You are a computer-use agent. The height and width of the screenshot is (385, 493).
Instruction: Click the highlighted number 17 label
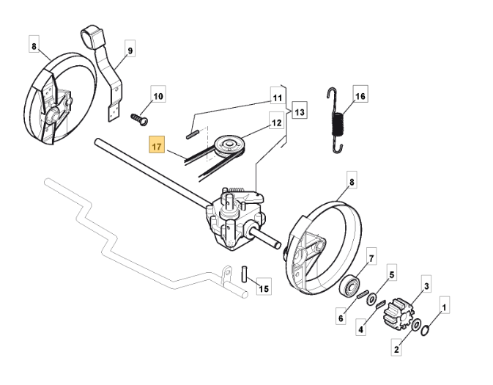click(157, 146)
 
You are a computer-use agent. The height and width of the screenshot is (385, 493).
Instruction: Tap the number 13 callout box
click(299, 111)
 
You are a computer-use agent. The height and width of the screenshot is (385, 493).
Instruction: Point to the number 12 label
click(276, 123)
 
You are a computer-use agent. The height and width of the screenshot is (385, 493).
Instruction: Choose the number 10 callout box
click(159, 95)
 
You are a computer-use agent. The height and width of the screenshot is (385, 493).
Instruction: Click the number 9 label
click(130, 51)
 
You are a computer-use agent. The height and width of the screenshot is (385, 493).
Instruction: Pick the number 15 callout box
click(264, 290)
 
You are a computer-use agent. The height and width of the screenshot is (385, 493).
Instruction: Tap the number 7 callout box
click(371, 259)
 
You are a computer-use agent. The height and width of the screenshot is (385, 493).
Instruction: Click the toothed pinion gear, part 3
click(401, 312)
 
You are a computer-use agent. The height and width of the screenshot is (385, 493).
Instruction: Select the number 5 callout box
click(391, 275)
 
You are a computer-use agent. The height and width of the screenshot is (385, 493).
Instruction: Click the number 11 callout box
click(276, 97)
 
